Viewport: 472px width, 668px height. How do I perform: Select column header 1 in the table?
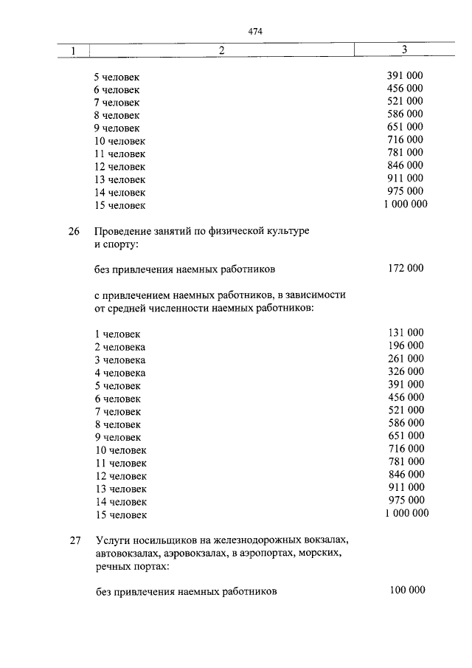74,50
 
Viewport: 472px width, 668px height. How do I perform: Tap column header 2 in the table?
221,50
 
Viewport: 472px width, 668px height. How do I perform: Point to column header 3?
405,49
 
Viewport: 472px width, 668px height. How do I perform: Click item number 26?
74,231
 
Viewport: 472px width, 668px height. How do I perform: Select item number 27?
74,540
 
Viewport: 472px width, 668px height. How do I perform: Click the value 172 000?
405,269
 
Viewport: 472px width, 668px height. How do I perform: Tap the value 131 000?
405,333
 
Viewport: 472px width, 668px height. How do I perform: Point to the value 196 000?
405,345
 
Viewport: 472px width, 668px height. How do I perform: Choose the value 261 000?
405,359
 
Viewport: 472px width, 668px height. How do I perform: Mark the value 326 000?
405,371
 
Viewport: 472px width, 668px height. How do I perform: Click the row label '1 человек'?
117,334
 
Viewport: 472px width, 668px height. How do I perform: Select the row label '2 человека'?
119,347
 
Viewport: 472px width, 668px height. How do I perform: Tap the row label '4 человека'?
119,373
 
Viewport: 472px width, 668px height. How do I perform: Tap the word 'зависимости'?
316,295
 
